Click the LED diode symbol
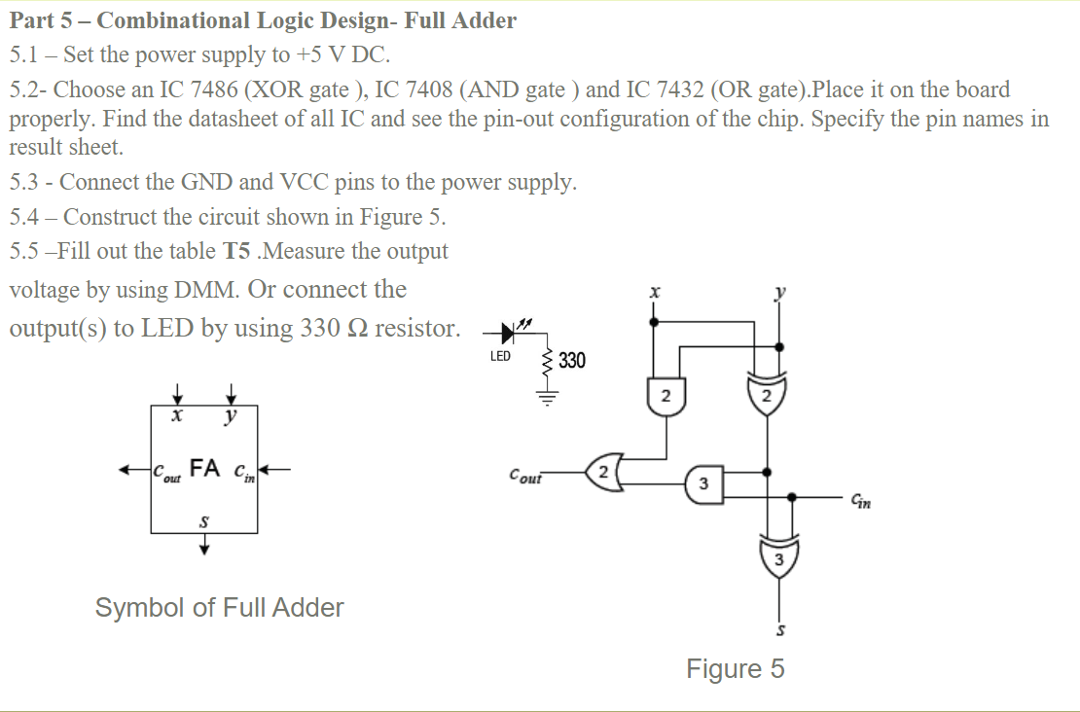click(508, 334)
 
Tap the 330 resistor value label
click(572, 360)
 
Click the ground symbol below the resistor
click(548, 397)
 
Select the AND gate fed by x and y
click(666, 396)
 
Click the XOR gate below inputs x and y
click(767, 395)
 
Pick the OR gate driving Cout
click(605, 473)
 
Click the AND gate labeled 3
click(703, 484)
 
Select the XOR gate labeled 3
click(779, 557)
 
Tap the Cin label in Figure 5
click(861, 501)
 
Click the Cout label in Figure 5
click(525, 476)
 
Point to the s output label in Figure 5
click(780, 629)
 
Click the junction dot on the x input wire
click(654, 322)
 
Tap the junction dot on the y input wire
click(779, 347)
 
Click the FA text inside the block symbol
click(204, 468)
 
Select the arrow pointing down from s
click(204, 544)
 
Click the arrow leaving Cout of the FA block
click(134, 471)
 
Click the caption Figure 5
click(735, 668)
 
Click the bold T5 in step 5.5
click(236, 251)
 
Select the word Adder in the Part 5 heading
click(486, 20)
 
